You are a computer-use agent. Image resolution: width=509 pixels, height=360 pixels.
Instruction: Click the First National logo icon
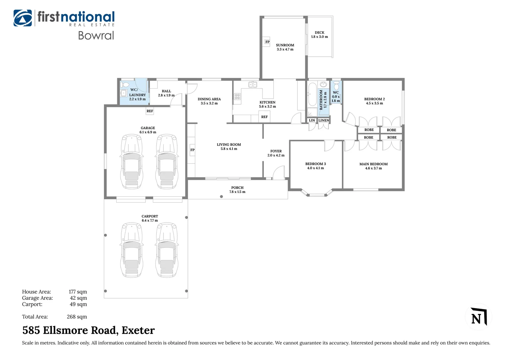click(x=23, y=18)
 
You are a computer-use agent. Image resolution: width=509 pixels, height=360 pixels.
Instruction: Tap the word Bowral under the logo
click(x=96, y=35)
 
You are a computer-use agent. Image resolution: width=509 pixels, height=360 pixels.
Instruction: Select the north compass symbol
click(x=479, y=316)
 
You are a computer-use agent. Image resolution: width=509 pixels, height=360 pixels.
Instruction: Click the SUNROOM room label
click(x=285, y=45)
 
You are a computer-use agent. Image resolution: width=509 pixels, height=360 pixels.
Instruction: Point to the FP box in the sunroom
click(x=267, y=42)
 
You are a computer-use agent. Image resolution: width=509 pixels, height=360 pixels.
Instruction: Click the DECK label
click(x=319, y=33)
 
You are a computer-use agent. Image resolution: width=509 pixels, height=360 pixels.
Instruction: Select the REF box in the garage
click(x=150, y=111)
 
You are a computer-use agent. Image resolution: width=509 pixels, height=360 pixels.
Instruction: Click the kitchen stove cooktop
click(x=237, y=96)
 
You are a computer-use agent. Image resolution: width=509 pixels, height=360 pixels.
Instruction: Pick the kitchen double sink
click(x=253, y=85)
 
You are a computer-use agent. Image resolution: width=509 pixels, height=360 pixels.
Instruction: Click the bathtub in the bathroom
click(x=312, y=94)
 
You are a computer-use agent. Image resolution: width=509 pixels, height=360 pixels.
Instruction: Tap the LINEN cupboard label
click(x=323, y=120)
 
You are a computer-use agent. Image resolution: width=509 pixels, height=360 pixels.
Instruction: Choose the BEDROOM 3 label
click(x=315, y=164)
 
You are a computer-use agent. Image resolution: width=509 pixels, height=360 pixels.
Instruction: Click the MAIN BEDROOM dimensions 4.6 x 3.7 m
click(x=373, y=168)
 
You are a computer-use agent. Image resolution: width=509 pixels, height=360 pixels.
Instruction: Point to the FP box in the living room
click(x=192, y=150)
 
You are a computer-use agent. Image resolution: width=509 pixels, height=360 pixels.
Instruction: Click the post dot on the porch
click(x=221, y=196)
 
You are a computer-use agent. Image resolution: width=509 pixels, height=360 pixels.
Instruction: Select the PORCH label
click(x=237, y=188)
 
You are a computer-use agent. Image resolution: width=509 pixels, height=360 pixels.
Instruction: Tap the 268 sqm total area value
click(x=77, y=317)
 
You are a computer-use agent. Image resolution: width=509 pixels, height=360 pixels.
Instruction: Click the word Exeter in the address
click(x=138, y=330)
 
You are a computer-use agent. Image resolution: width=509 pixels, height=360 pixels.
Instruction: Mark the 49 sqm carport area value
click(x=78, y=304)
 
